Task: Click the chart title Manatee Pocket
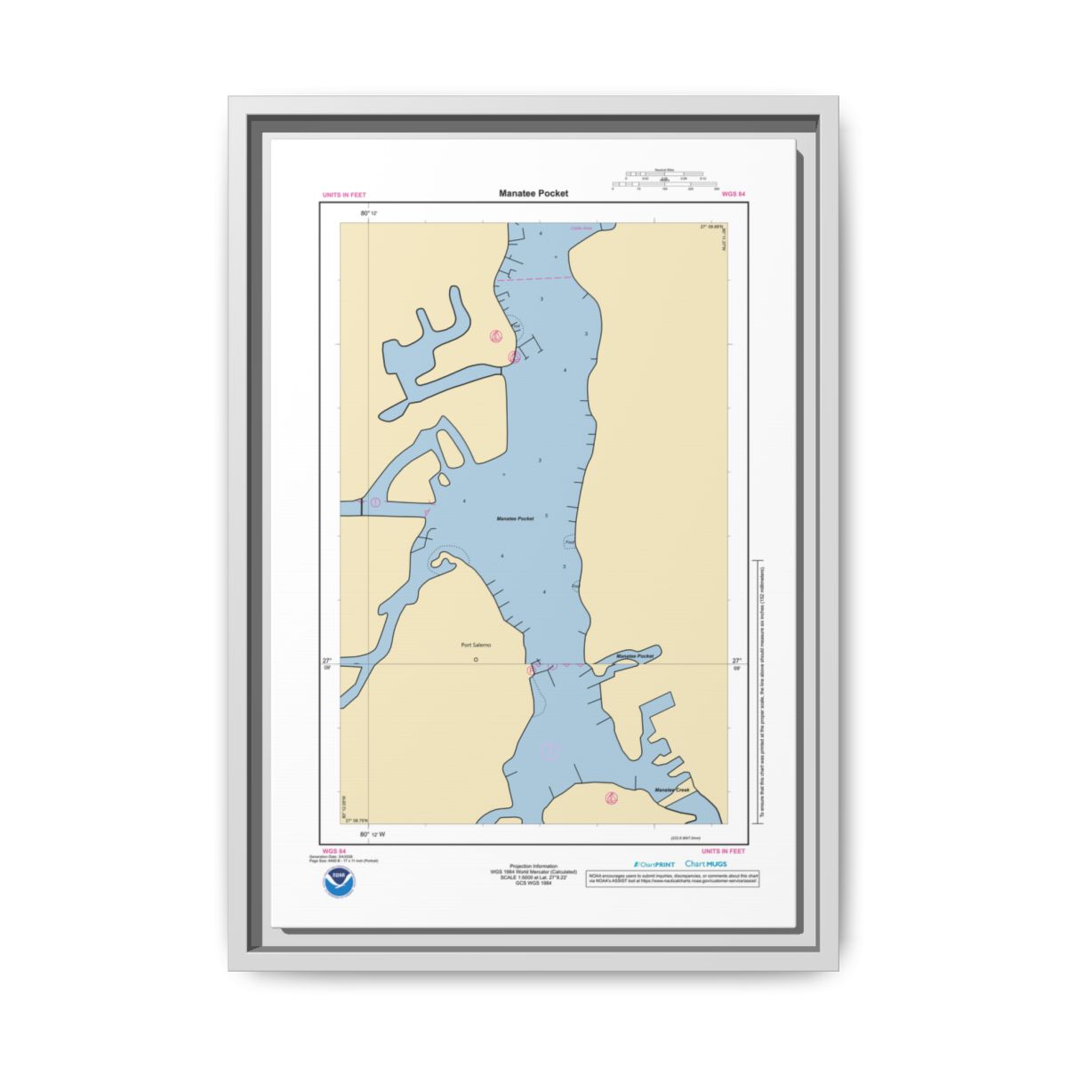click(x=533, y=193)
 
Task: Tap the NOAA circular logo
click(x=338, y=882)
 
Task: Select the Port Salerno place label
click(x=476, y=646)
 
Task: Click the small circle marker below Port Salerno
click(x=476, y=660)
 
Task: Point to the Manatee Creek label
click(x=671, y=790)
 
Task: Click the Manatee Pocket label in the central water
click(x=515, y=518)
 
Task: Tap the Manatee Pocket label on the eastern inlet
click(x=635, y=656)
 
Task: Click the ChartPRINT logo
click(x=654, y=864)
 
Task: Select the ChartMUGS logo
click(x=706, y=864)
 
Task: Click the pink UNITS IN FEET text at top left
click(x=344, y=195)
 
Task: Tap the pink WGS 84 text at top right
click(x=734, y=194)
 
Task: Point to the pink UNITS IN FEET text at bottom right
click(x=723, y=851)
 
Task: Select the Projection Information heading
click(x=533, y=866)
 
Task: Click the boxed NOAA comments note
click(x=673, y=878)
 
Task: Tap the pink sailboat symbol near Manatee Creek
click(x=611, y=798)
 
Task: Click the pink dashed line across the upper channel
click(x=533, y=279)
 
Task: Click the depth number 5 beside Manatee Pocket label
click(x=546, y=516)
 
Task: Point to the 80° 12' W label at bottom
click(x=373, y=834)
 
